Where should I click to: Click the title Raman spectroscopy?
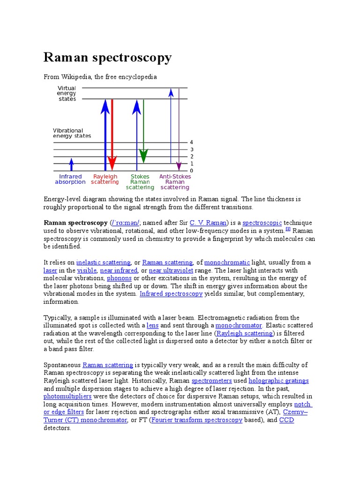(x=107, y=58)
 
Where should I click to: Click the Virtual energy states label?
(x=67, y=94)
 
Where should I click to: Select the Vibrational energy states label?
(x=72, y=133)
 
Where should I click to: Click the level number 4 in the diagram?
(x=191, y=142)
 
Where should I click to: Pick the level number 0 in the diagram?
(x=191, y=171)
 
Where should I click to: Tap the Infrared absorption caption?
(x=70, y=180)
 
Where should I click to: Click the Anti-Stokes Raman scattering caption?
(x=175, y=182)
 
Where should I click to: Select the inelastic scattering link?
(x=102, y=262)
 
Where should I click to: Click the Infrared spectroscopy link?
(x=171, y=294)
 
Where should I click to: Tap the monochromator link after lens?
(x=238, y=325)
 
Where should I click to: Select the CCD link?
(x=286, y=420)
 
